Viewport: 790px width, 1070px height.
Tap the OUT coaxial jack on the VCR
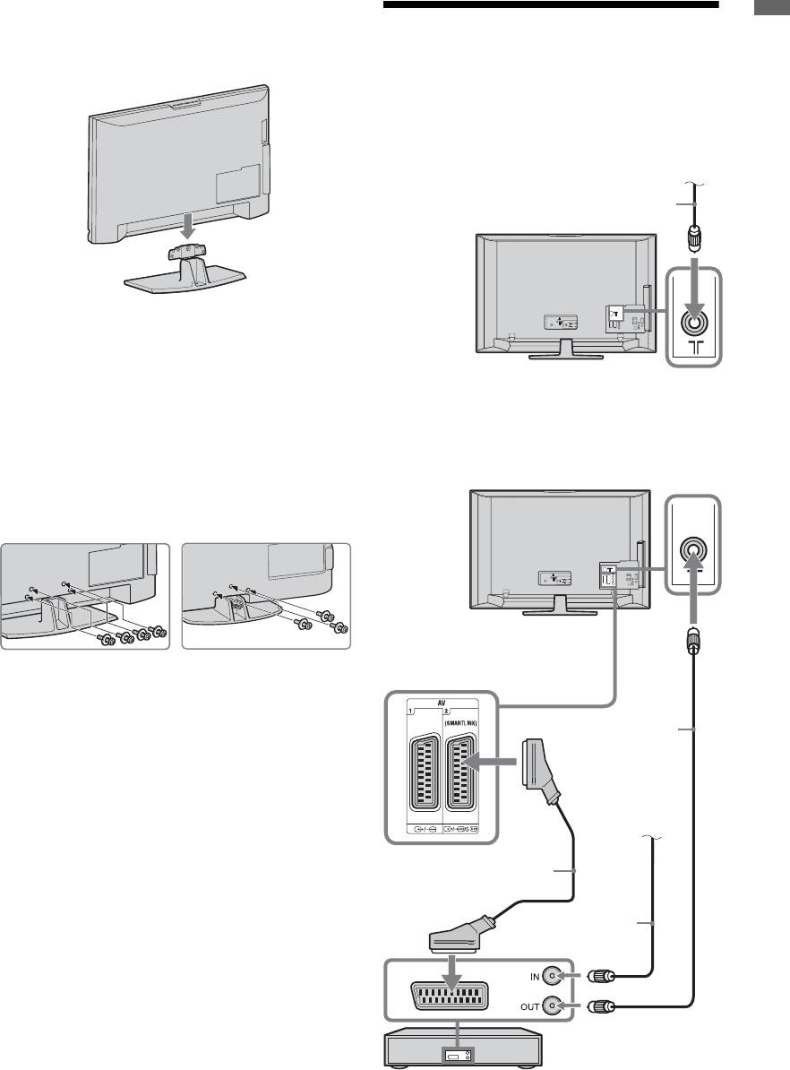558,1007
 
